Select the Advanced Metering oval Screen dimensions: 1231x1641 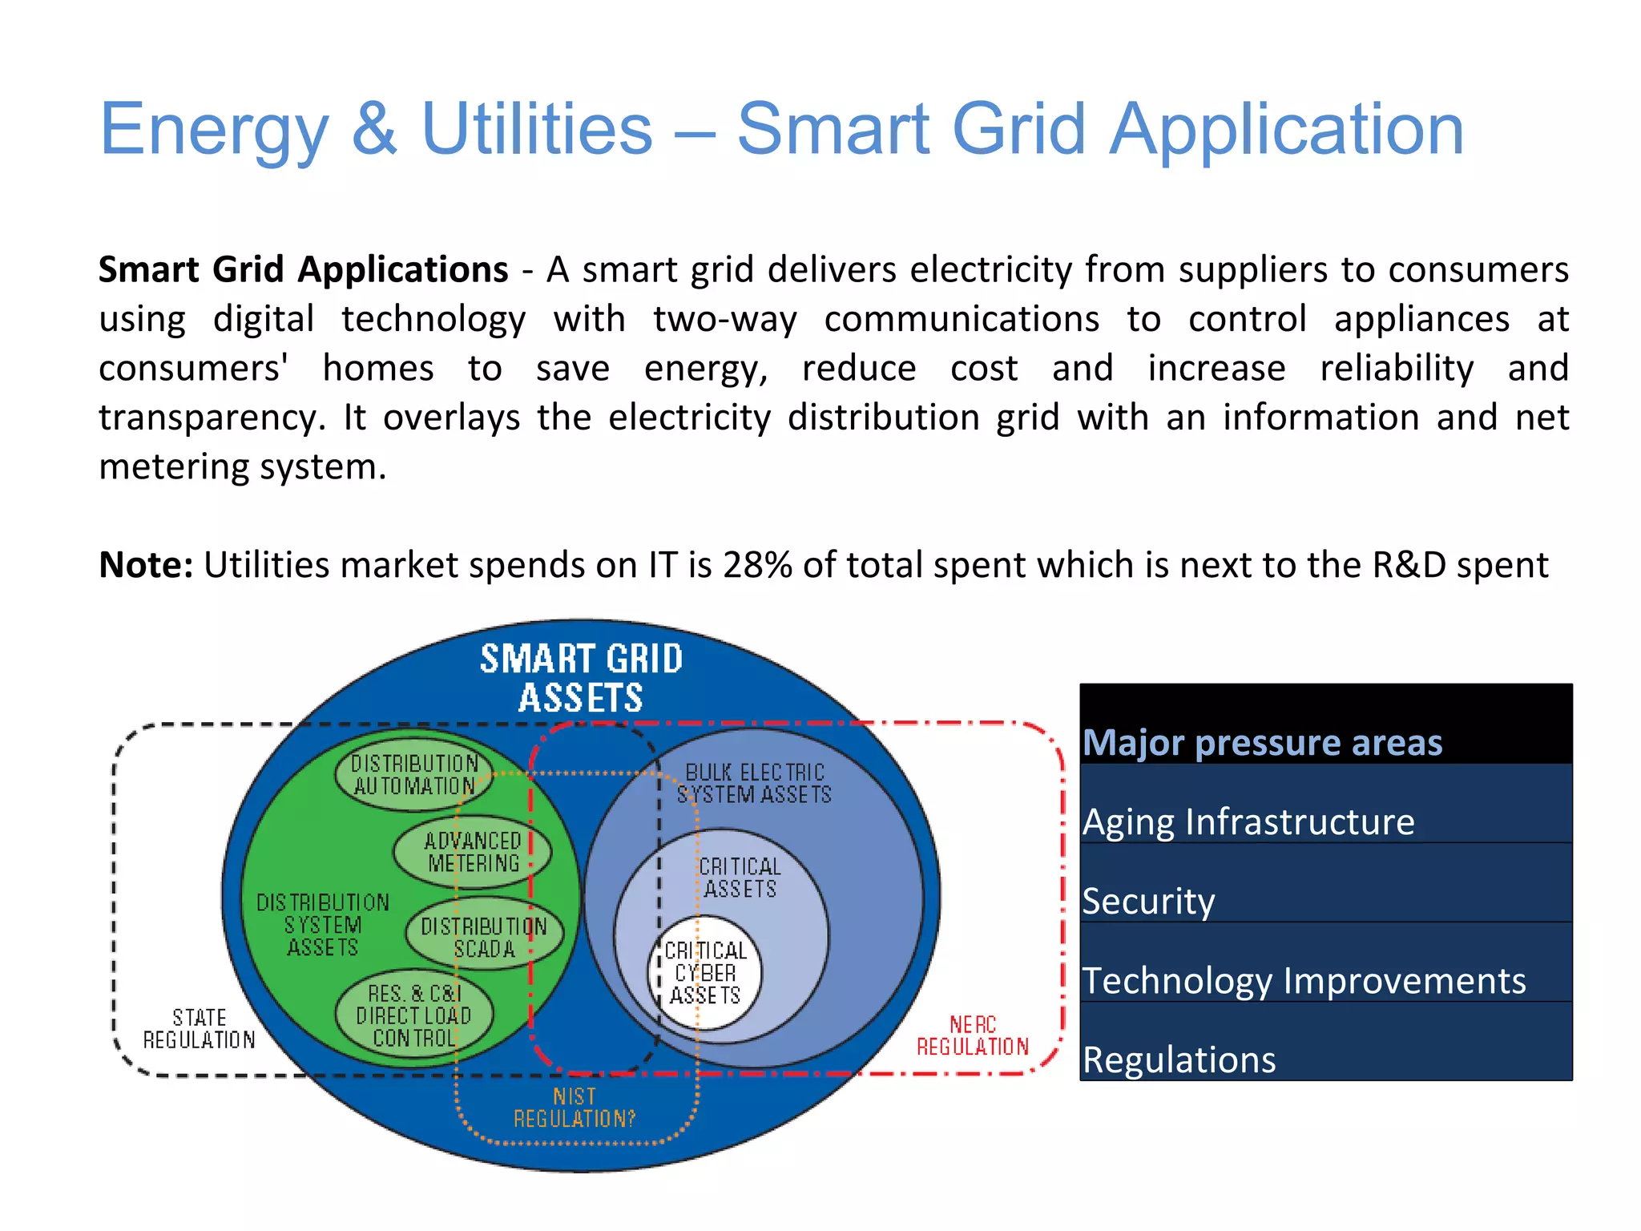(x=473, y=852)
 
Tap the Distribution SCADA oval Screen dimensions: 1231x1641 (x=484, y=938)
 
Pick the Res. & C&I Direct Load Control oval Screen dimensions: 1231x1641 (x=413, y=1015)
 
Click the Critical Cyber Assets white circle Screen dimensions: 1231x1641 (x=705, y=973)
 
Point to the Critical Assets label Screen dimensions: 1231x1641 (x=740, y=878)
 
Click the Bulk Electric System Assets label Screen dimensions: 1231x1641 (x=754, y=783)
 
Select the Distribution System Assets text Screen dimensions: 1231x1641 (x=323, y=925)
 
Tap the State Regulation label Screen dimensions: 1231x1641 (x=199, y=1028)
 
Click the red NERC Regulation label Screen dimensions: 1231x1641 (x=972, y=1035)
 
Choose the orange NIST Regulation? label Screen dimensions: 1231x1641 (x=575, y=1107)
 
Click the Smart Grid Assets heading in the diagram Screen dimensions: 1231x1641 (x=581, y=678)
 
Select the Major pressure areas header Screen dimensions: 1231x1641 (x=1262, y=742)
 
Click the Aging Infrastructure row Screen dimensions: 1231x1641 (x=1248, y=821)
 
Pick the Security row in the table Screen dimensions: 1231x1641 (x=1147, y=901)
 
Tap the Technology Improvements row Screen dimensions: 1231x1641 (x=1304, y=980)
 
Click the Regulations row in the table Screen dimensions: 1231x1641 (x=1179, y=1059)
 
